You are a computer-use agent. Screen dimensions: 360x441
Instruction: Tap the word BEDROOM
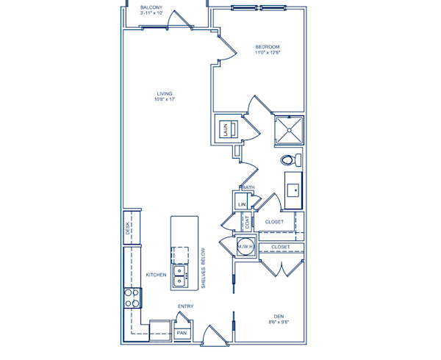tap(268, 46)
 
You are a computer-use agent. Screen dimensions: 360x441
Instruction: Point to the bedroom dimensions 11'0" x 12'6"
tap(268, 53)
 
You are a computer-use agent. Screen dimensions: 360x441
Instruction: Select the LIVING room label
tap(164, 93)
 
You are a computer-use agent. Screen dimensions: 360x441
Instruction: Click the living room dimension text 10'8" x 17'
tap(164, 99)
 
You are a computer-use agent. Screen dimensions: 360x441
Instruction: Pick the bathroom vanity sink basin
tap(294, 190)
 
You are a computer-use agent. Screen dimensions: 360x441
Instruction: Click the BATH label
tap(248, 188)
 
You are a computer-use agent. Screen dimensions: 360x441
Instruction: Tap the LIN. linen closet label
tap(241, 204)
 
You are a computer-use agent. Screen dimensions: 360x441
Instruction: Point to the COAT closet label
tap(248, 221)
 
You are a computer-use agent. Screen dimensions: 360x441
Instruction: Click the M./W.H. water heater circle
tap(245, 248)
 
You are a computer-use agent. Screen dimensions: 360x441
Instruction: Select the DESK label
tap(127, 229)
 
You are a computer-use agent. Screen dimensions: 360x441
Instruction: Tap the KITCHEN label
tap(156, 275)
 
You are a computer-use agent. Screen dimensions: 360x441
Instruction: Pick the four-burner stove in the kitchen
tap(132, 298)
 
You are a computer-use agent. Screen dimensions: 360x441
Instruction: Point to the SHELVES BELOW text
tap(203, 270)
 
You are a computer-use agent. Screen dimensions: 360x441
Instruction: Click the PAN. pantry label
tap(182, 333)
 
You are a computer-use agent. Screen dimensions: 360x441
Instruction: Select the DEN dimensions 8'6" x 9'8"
tap(279, 322)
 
